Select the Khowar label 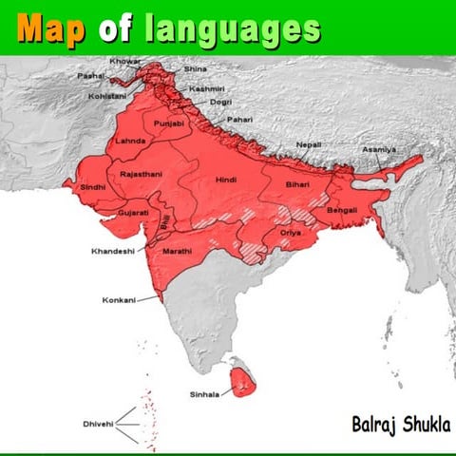click(x=125, y=61)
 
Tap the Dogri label click(x=220, y=102)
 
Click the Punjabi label click(x=172, y=123)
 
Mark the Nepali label click(x=308, y=143)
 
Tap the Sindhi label click(x=93, y=188)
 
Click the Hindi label click(x=226, y=179)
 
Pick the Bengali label click(x=341, y=209)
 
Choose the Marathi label click(x=178, y=251)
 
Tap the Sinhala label click(x=204, y=393)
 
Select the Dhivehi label click(x=98, y=425)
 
